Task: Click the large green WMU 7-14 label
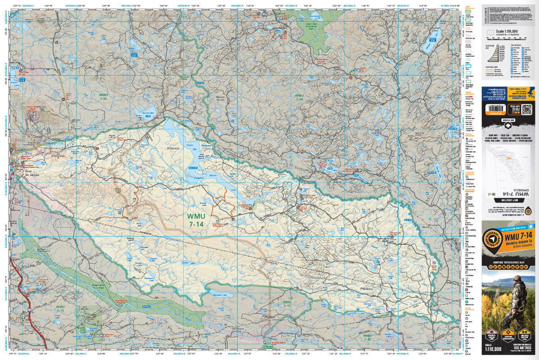point(196,219)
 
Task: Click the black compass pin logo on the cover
point(492,240)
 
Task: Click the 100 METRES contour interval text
point(523,346)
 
